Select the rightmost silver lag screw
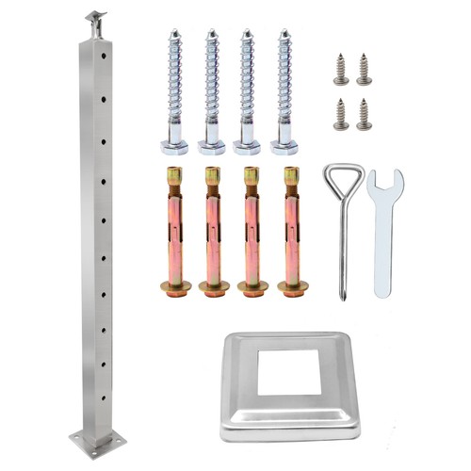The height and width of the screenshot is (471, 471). tap(284, 89)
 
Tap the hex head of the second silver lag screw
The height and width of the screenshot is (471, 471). tap(211, 146)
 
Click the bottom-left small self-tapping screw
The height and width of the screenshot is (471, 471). tap(340, 113)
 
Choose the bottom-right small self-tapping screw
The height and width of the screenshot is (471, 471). tap(364, 113)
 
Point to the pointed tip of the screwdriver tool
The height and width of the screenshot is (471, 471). tap(344, 297)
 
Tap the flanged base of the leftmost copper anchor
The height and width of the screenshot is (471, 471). tap(175, 286)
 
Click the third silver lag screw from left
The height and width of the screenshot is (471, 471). tap(248, 89)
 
